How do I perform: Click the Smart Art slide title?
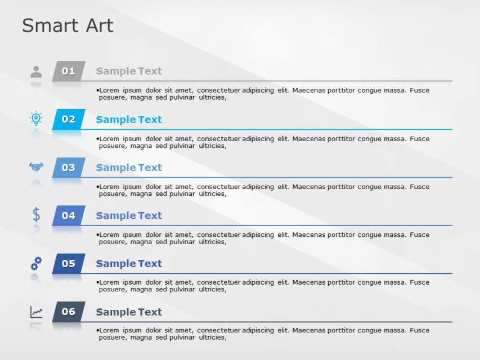68,25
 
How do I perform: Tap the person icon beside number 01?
36,71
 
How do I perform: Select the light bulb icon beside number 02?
36,118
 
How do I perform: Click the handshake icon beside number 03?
36,166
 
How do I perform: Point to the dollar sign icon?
36,214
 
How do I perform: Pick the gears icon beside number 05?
36,263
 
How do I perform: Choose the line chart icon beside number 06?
36,312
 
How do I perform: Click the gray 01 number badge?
69,71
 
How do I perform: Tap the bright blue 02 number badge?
69,119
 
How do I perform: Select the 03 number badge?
69,168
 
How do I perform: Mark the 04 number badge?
69,215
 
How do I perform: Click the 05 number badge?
69,263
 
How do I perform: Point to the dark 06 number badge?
69,312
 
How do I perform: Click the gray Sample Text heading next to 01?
129,71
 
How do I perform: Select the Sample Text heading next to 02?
129,119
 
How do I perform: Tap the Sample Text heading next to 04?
129,215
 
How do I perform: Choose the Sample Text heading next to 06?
129,312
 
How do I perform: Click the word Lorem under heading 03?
110,187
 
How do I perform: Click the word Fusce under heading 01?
419,90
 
